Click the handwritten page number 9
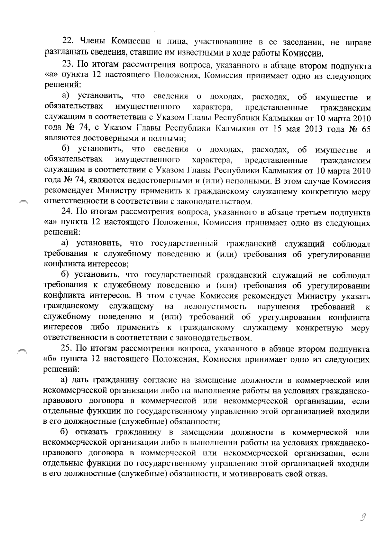[x=363, y=518]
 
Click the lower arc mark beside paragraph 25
[x=23, y=351]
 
